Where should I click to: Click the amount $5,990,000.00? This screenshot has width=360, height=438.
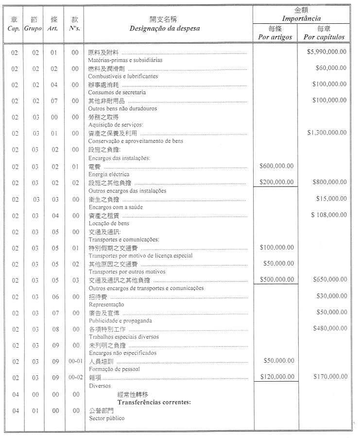tap(327, 52)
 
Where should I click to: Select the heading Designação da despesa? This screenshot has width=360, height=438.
tap(165, 28)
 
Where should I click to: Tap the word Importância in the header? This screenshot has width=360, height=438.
tap(301, 18)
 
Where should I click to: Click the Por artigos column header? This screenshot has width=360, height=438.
tap(275, 37)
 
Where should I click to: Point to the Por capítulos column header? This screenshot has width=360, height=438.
tap(324, 37)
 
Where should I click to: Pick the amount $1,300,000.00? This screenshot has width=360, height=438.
tap(327, 133)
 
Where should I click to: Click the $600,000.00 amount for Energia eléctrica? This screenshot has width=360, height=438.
tap(277, 166)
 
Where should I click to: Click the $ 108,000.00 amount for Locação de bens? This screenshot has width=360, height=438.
tap(329, 215)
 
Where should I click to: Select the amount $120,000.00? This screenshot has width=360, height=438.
tap(277, 376)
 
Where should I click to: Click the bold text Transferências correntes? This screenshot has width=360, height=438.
tap(154, 403)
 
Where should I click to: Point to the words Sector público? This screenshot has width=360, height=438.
tap(106, 418)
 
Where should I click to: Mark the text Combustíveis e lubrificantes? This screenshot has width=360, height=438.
tap(123, 76)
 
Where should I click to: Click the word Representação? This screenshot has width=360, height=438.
tap(106, 304)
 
